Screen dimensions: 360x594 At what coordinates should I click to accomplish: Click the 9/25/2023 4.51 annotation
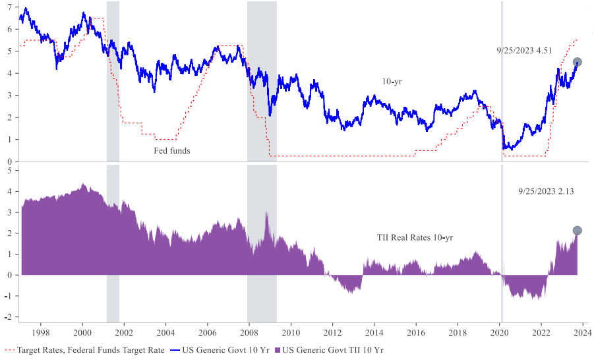click(524, 50)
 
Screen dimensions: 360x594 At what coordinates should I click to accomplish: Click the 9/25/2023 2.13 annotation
click(546, 191)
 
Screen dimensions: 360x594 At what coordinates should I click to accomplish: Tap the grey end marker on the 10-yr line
click(577, 62)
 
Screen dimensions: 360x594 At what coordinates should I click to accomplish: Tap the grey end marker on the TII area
click(577, 231)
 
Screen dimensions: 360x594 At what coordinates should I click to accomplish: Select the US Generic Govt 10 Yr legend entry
click(222, 349)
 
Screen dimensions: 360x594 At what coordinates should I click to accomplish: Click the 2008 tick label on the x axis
click(249, 334)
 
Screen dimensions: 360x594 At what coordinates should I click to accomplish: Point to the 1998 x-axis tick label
click(41, 334)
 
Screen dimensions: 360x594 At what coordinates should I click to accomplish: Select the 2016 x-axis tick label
click(416, 334)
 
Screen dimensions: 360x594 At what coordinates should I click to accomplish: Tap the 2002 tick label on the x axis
click(124, 334)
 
